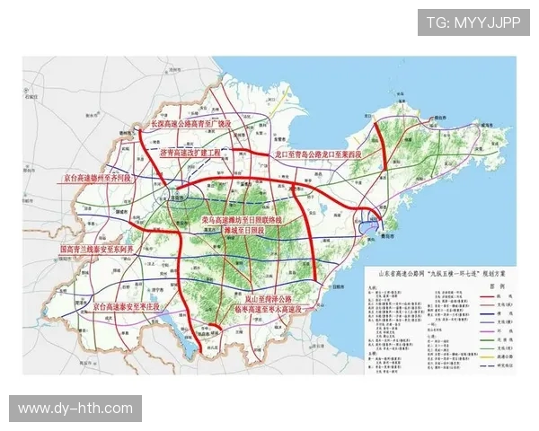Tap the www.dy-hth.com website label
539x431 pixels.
[75, 409]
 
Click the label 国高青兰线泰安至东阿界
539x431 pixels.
[96, 249]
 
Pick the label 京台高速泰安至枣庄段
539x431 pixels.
[130, 306]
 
